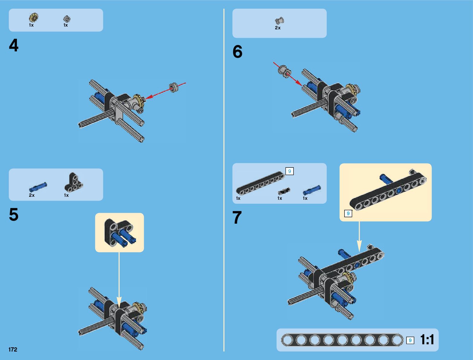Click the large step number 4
14,45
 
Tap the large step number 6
237,51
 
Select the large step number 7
237,217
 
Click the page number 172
13,349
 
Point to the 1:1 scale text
427,340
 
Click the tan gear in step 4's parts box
34,18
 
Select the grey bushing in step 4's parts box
67,19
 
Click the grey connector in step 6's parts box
280,21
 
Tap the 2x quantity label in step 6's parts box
277,28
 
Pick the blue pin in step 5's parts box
38,187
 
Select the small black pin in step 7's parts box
284,191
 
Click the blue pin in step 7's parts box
312,190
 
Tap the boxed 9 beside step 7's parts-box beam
290,171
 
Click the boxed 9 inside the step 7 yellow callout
348,213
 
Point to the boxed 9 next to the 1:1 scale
410,340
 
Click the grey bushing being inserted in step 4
173,87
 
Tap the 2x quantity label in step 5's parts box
32,195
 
